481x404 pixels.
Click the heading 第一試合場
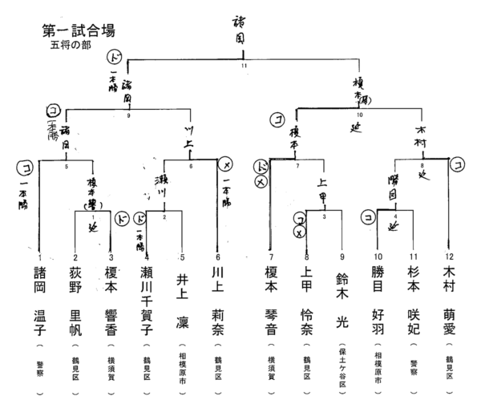coord(78,31)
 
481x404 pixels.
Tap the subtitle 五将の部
coord(70,46)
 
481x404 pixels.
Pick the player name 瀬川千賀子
coord(148,297)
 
